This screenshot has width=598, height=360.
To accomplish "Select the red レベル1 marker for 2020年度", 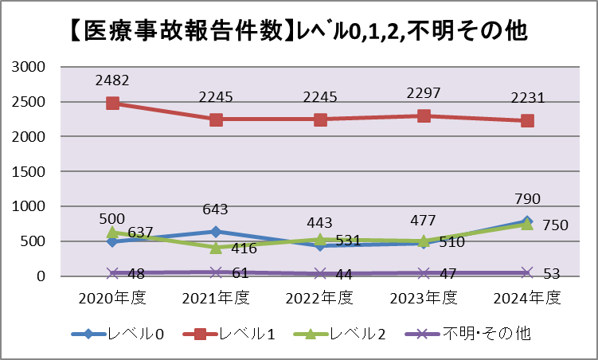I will point(112,103).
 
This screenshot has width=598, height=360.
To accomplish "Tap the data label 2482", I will point(112,80).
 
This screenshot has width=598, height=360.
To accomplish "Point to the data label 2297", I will point(423,93).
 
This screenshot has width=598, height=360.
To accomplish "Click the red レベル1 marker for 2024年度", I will point(526,120).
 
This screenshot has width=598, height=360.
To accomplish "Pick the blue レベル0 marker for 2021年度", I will point(216,232).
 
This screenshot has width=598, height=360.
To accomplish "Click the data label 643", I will point(216,210).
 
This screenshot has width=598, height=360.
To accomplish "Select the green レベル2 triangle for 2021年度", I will point(216,247).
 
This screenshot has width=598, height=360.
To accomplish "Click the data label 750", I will point(555,225).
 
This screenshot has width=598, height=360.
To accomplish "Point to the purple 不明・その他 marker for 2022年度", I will point(319,273).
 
